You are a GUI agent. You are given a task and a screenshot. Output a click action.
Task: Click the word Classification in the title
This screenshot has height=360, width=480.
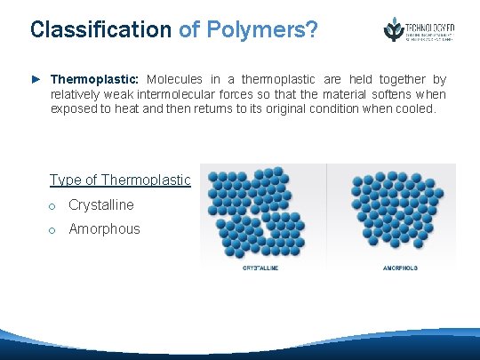(x=100, y=29)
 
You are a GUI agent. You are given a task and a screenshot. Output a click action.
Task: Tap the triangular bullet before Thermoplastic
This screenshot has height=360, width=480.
(x=36, y=80)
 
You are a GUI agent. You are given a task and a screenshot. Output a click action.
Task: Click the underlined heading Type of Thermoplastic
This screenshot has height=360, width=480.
(x=120, y=180)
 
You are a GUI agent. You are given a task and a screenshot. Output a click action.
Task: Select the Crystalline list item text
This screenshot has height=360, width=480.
(x=101, y=205)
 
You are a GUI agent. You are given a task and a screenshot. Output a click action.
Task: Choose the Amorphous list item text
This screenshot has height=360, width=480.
(x=104, y=229)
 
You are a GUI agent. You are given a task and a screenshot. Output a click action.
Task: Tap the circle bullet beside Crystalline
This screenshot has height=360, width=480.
(x=53, y=206)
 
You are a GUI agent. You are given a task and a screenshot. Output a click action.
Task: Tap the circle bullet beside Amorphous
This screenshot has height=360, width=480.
(x=53, y=230)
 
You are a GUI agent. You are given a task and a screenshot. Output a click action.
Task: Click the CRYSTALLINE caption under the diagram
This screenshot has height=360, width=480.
(x=260, y=268)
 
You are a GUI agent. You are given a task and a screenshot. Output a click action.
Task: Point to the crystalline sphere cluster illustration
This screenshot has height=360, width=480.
(x=260, y=213)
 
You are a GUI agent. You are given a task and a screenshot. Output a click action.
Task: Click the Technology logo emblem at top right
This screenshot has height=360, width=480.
(x=392, y=28)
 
